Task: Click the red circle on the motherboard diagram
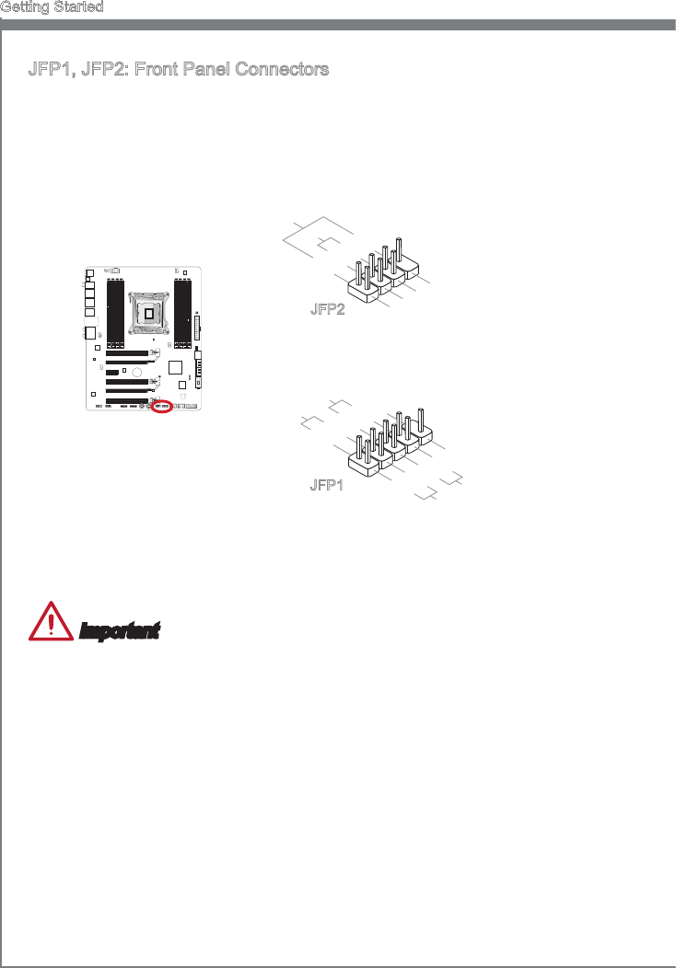click(162, 406)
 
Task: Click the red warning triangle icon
click(51, 623)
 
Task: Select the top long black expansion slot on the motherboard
click(129, 353)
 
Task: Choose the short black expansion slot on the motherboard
click(112, 372)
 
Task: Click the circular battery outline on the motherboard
click(135, 373)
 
